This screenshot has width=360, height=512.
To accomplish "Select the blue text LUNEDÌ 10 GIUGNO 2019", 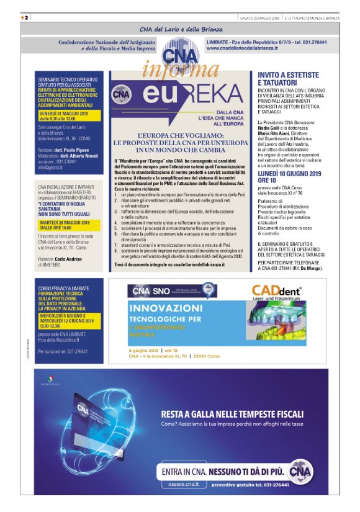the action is click(289, 178).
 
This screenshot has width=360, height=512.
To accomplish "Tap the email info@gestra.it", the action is click(51, 168).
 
